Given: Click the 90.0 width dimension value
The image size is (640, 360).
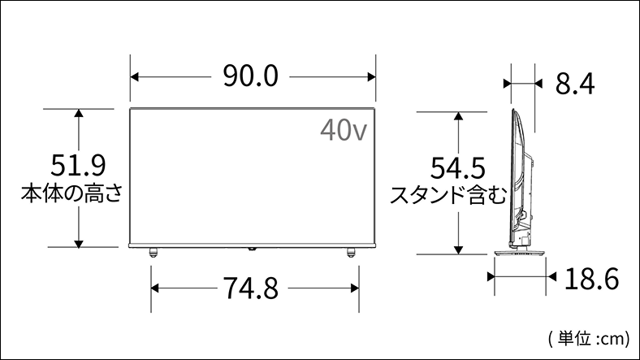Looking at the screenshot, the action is [x=251, y=76].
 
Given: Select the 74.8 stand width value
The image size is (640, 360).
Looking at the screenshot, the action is [x=251, y=288].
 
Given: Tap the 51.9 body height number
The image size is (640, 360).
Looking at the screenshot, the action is [x=78, y=165].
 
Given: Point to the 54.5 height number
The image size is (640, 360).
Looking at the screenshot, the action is [x=458, y=167].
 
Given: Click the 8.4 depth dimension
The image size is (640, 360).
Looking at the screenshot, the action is [x=575, y=84].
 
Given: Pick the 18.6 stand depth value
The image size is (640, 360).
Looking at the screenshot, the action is [x=592, y=279].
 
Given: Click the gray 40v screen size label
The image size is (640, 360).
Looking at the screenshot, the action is [x=344, y=130].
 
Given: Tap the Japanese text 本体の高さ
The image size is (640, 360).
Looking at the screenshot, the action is [x=71, y=193].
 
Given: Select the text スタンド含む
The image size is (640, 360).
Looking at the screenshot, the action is [x=448, y=195].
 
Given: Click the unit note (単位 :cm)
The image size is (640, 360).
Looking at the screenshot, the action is [x=589, y=339].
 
